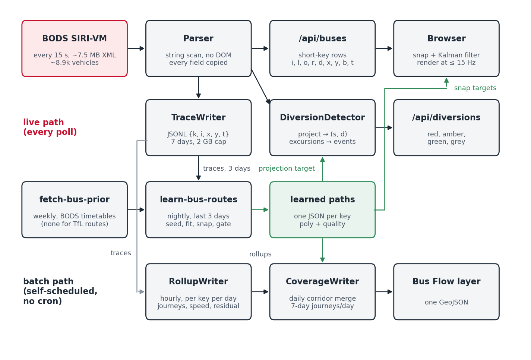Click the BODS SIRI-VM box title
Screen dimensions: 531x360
tap(75, 38)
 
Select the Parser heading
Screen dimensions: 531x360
tap(198, 38)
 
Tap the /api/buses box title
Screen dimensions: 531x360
tap(322, 38)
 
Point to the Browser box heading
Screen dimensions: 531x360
tap(446, 38)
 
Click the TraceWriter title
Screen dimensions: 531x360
tap(198, 117)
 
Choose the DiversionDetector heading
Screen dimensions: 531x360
tap(322, 117)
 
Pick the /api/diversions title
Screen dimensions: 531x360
tap(446, 117)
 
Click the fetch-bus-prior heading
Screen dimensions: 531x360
tap(75, 199)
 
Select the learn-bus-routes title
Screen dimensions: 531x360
tap(198, 199)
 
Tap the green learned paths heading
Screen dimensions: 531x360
tap(322, 199)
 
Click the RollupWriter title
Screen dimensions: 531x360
tap(198, 281)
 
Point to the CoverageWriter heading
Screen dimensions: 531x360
tap(322, 281)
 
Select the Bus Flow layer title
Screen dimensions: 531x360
tap(446, 281)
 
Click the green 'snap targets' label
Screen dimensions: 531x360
tap(475, 88)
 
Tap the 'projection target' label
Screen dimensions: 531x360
tap(287, 168)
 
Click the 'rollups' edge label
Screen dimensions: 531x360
tap(260, 254)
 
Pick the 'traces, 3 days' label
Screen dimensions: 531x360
tap(227, 168)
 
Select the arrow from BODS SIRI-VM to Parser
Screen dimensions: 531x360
tap(136, 48)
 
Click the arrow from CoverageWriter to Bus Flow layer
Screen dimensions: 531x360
tap(384, 292)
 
